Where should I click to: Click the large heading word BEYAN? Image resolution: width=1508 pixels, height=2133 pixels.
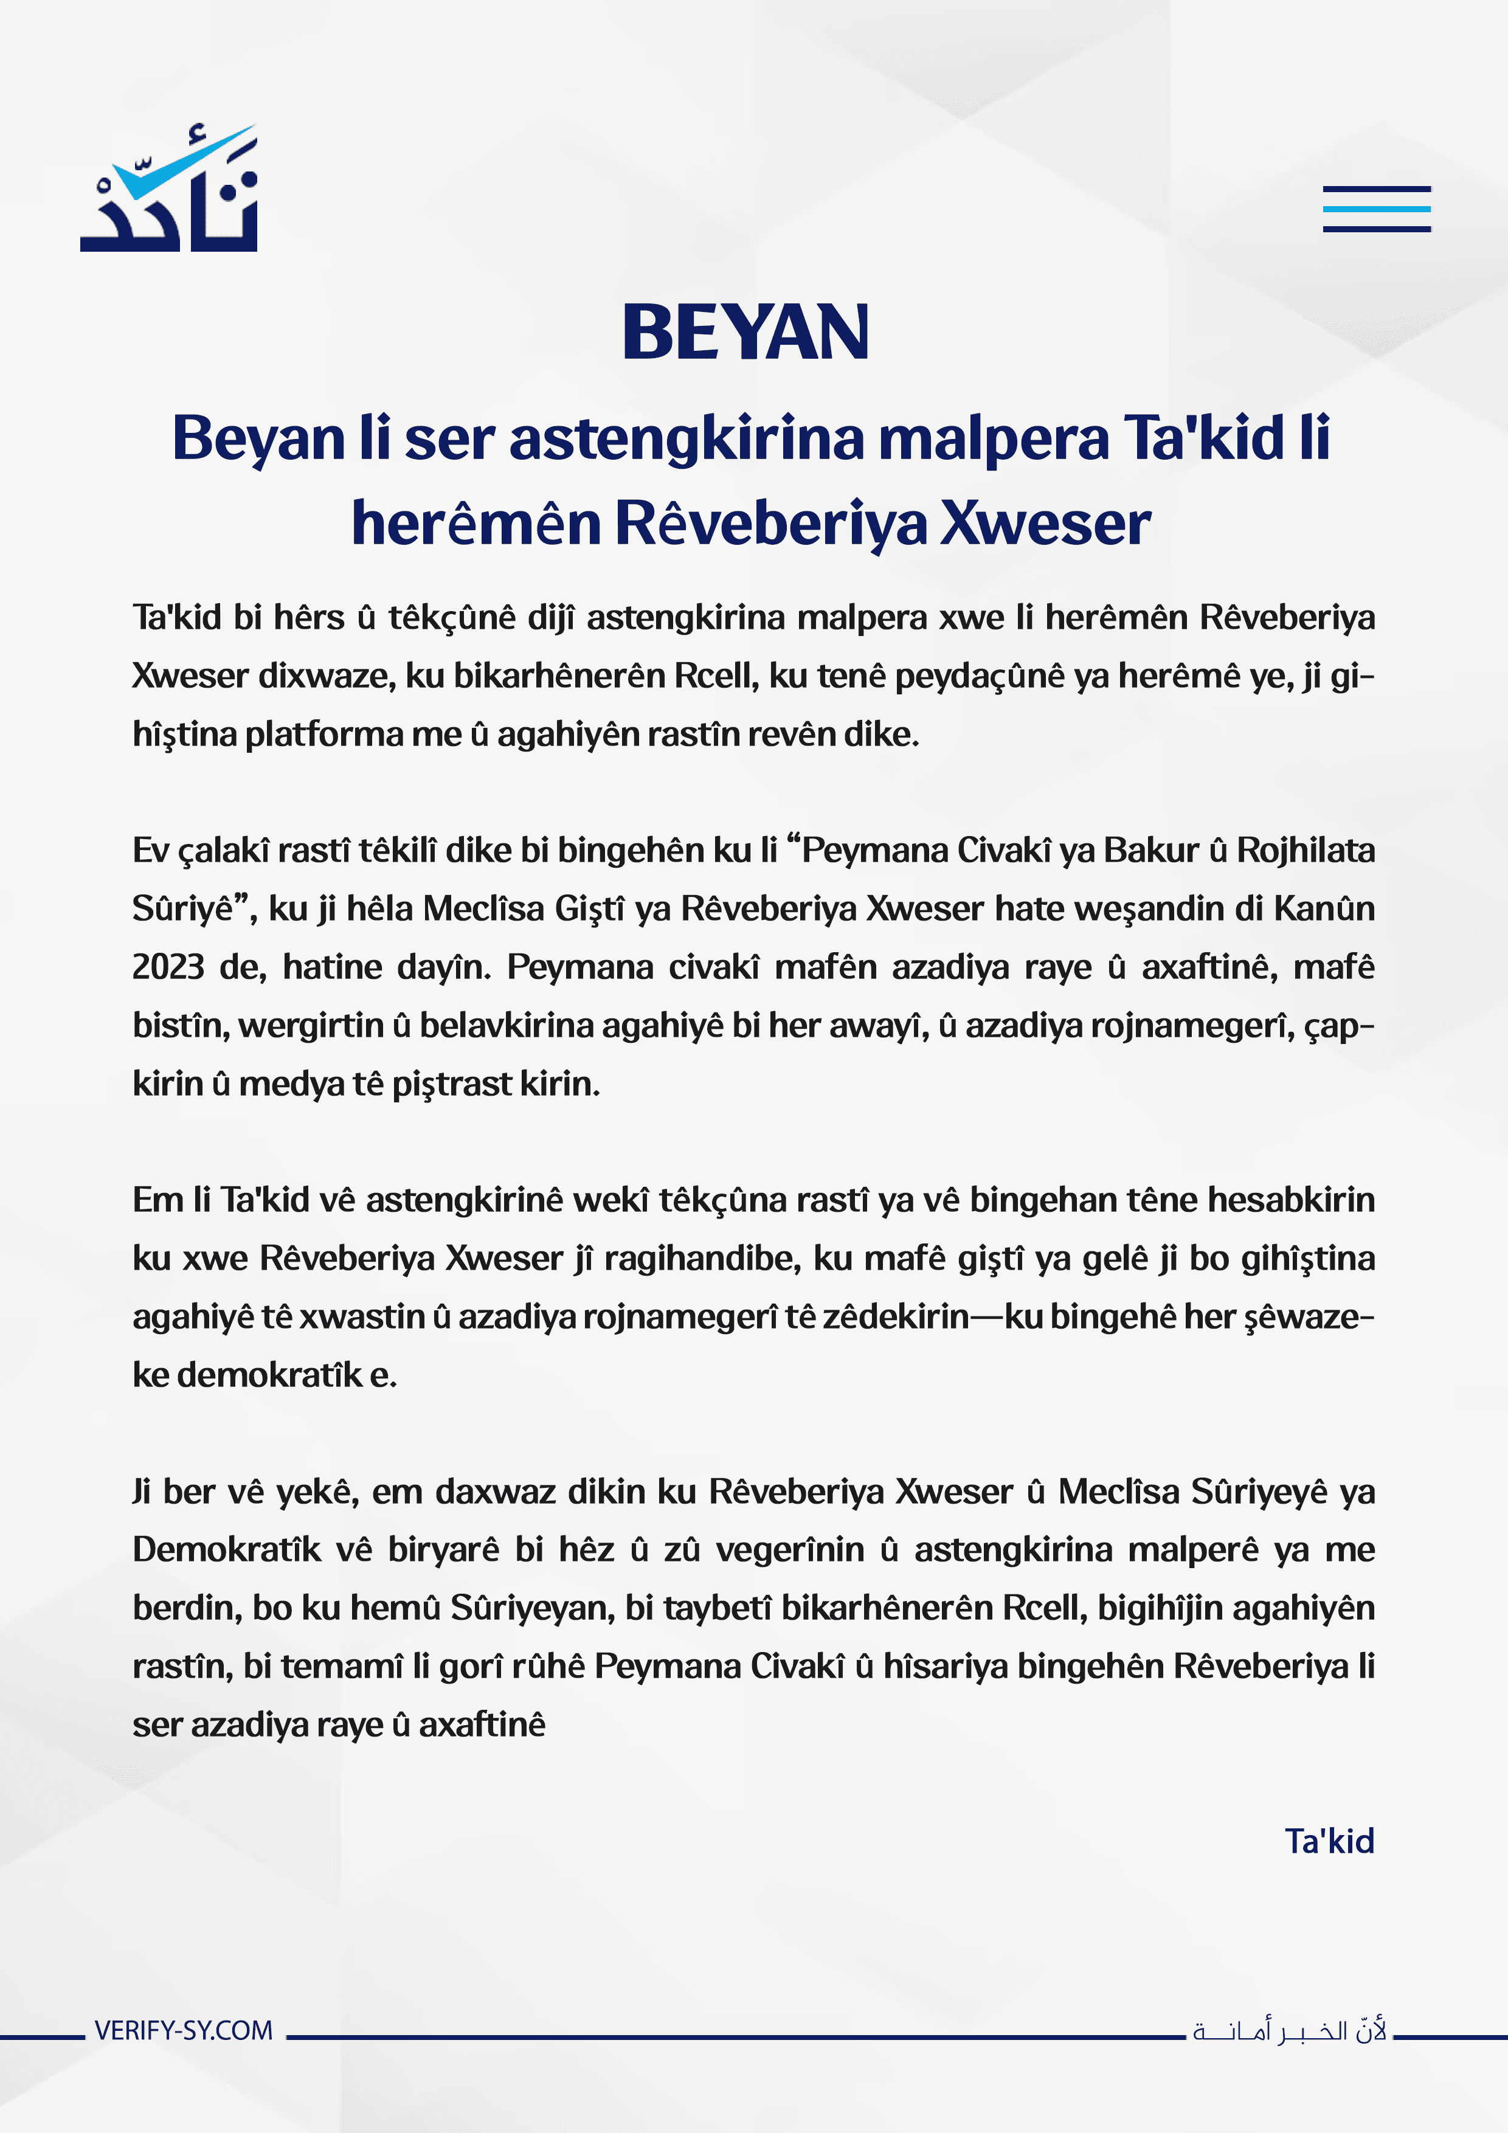tap(745, 333)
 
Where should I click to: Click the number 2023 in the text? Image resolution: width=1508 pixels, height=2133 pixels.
tap(168, 967)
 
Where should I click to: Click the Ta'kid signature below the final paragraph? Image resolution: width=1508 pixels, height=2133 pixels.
tap(1329, 1841)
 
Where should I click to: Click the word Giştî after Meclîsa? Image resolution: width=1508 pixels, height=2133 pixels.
tap(589, 908)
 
